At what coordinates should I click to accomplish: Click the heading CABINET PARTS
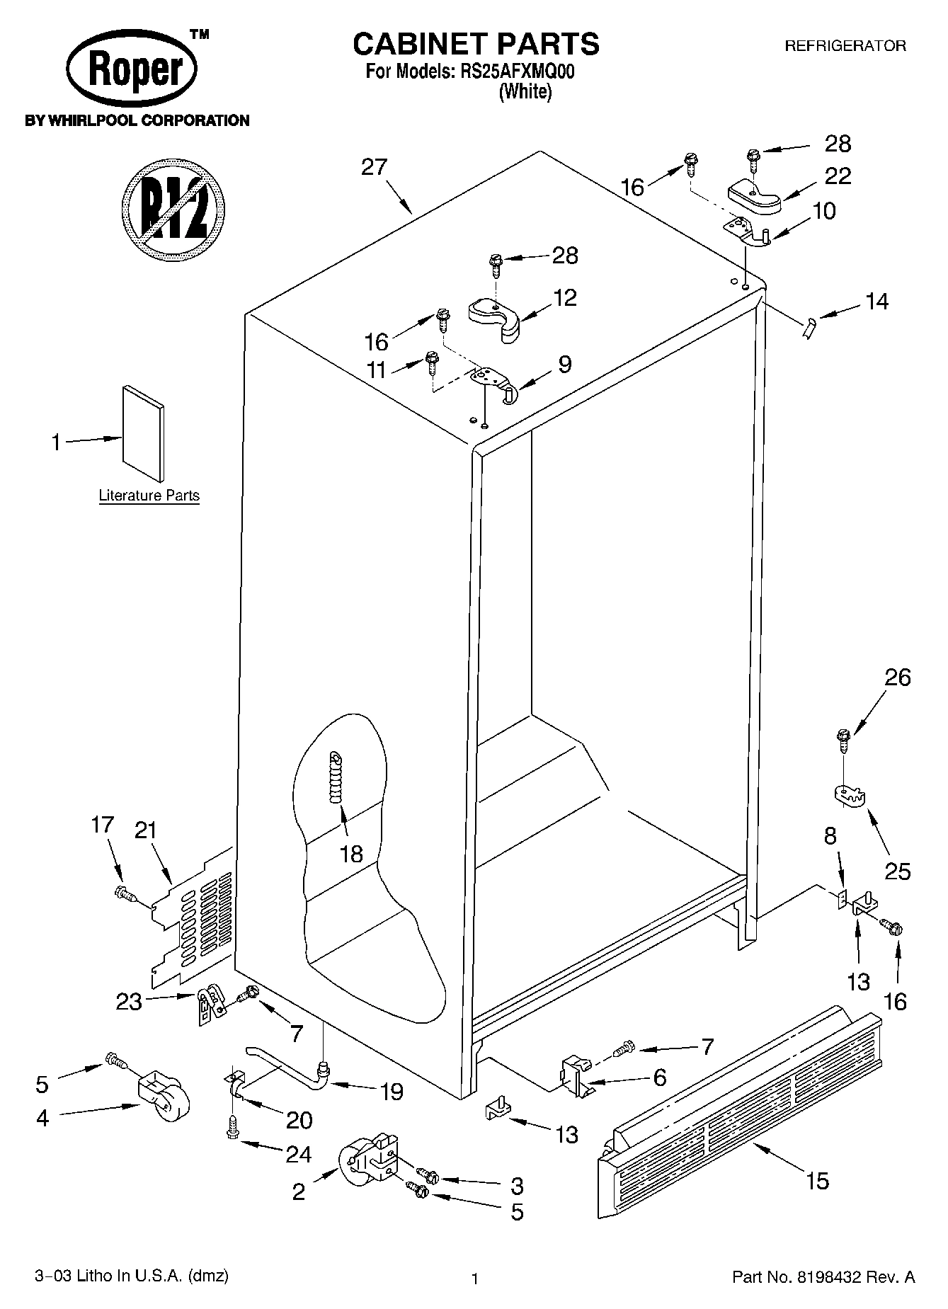point(476,44)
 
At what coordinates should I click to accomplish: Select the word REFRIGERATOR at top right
point(845,47)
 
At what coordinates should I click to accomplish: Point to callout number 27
point(374,167)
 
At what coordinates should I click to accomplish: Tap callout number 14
point(876,302)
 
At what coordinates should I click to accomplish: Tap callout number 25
point(897,870)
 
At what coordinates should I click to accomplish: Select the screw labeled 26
point(843,741)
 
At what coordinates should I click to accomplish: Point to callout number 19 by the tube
point(391,1092)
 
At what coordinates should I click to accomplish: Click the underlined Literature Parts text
point(149,496)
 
